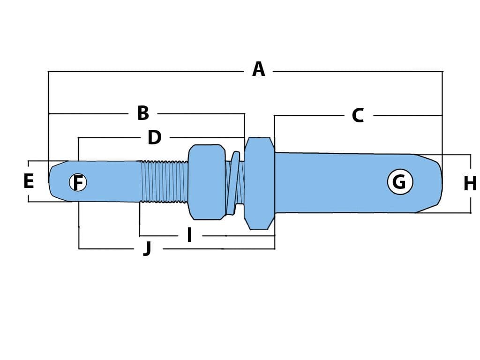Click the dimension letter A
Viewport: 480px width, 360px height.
[x=259, y=69]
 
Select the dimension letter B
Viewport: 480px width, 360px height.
[x=143, y=113]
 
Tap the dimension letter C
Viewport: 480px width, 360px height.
[x=358, y=115]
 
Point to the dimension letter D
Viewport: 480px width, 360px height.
[x=155, y=137]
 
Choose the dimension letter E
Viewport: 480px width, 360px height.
[x=29, y=181]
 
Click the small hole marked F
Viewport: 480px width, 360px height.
[x=78, y=182]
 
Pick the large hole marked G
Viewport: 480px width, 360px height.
[x=400, y=182]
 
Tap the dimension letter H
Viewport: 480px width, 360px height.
[x=470, y=184]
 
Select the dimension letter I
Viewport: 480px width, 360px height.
[x=189, y=235]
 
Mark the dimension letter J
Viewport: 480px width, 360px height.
[x=148, y=248]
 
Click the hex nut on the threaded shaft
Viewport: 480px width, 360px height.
[x=207, y=182]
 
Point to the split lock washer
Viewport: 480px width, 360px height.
[x=234, y=183]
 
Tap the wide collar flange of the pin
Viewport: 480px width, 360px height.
[x=259, y=183]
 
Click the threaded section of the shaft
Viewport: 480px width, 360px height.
[x=164, y=181]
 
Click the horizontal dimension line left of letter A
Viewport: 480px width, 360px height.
[x=146, y=72]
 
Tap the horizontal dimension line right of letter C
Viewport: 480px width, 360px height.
[x=408, y=115]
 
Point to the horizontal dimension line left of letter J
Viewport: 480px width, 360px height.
[x=106, y=248]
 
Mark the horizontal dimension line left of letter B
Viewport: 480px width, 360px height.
[x=89, y=113]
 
